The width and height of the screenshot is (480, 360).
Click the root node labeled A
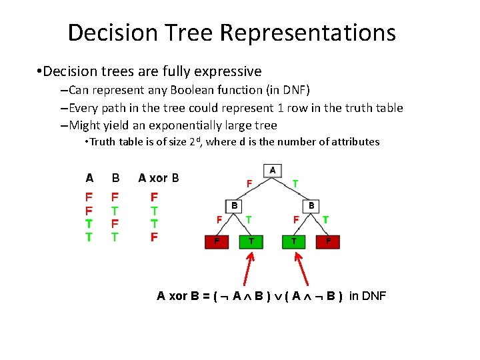tap(272, 171)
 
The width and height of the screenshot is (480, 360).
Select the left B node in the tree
tap(234, 206)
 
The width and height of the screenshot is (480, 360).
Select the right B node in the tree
tap(311, 206)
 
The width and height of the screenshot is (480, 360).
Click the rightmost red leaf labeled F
tap(328, 241)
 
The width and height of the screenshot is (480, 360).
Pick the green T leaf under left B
tap(251, 241)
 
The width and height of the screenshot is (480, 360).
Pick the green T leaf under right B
tap(293, 241)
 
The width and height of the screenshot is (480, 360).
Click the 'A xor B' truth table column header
tap(158, 178)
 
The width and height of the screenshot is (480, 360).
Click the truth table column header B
tap(115, 178)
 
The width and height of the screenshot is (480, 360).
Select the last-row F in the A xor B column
tap(154, 237)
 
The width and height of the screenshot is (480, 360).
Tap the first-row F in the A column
tap(89, 197)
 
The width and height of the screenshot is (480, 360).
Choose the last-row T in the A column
tap(89, 237)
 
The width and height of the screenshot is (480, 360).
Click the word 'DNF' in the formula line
tap(373, 296)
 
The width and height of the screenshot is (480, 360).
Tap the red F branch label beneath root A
tap(249, 183)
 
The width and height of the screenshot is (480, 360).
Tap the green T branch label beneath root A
tap(295, 183)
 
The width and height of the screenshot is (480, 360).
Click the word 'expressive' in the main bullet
tap(230, 71)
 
